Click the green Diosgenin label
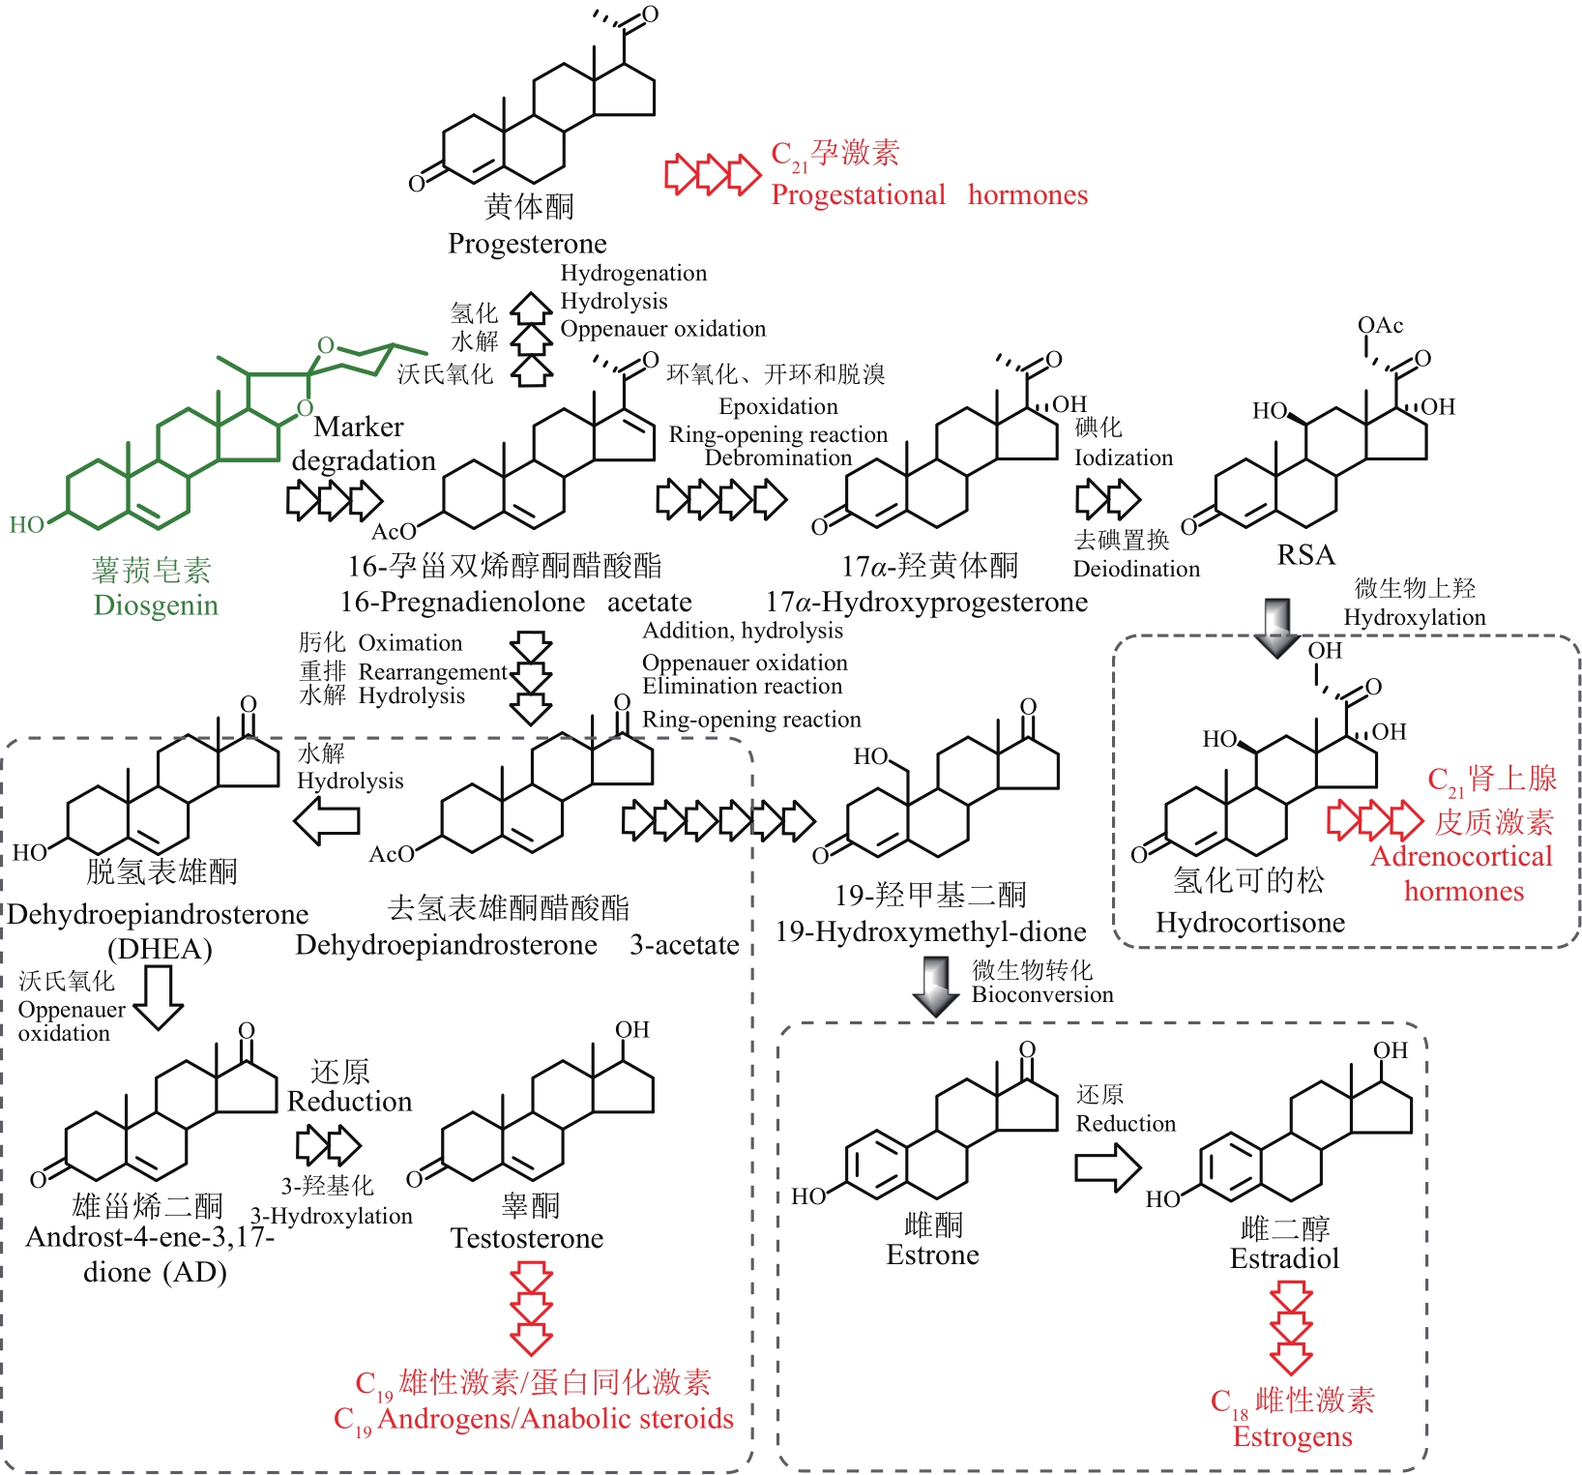pos(156,605)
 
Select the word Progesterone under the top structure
pos(527,244)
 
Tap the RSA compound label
pos(1305,555)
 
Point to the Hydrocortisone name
pos(1250,923)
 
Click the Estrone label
pos(932,1255)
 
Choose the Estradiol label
pos(1284,1259)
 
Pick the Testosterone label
pos(527,1239)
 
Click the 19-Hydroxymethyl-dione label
pos(930,932)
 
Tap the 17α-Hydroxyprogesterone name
pos(926,603)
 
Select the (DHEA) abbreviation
pos(160,949)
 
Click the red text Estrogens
pos(1292,1437)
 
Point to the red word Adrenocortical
pos(1461,857)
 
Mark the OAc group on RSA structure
pos(1380,326)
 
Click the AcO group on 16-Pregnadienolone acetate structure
pos(394,531)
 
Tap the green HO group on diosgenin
pos(26,525)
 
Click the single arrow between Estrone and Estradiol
pos(1108,1167)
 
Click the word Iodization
pos(1124,457)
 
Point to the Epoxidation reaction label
pos(778,406)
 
